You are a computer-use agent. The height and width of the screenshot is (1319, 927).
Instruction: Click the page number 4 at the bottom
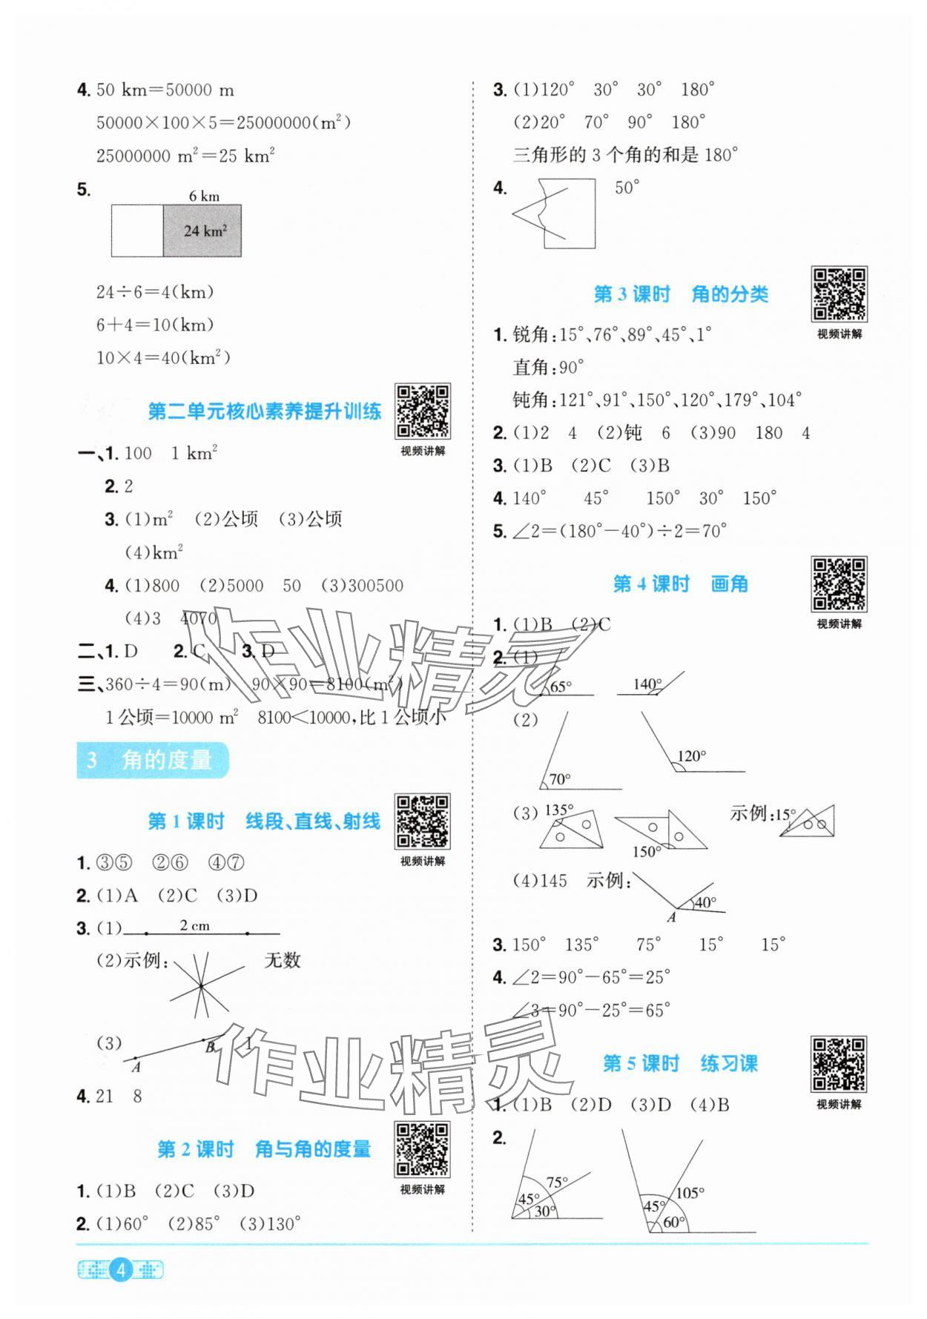[121, 1271]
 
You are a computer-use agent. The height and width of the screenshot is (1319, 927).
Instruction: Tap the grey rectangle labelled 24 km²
[202, 231]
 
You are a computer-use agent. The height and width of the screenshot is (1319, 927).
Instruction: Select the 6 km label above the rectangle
[204, 196]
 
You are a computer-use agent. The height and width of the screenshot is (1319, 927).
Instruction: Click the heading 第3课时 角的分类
[680, 294]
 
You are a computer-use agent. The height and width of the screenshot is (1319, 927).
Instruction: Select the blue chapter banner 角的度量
[153, 760]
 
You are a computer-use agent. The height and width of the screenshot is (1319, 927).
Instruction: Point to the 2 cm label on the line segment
[194, 925]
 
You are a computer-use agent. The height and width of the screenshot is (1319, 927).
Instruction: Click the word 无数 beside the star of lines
[283, 960]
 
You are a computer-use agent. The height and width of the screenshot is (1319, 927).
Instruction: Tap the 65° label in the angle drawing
[560, 687]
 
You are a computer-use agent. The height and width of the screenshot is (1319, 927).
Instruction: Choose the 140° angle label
[647, 684]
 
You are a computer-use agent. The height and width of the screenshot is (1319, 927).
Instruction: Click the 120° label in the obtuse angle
[691, 756]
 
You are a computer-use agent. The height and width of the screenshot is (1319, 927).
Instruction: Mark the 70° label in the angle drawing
[559, 778]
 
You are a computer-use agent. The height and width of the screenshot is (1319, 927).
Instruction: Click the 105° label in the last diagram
[690, 1193]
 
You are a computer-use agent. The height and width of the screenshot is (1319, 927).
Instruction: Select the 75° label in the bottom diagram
[557, 1182]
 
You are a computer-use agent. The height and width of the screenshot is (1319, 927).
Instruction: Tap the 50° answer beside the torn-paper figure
[627, 188]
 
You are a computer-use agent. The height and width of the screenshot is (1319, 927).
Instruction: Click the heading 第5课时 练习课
[679, 1064]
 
